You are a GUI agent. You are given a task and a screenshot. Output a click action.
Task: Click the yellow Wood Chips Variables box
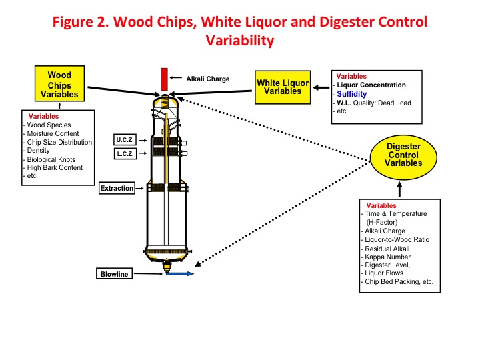tap(59, 84)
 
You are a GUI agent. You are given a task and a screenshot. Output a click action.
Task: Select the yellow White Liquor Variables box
tap(283, 87)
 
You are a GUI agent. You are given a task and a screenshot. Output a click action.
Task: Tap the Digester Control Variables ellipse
tap(403, 155)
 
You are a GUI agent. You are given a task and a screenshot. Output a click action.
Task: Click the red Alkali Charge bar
tap(163, 79)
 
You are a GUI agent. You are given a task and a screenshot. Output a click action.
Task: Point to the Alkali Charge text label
tap(207, 79)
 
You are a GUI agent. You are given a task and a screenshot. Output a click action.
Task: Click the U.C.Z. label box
tap(125, 140)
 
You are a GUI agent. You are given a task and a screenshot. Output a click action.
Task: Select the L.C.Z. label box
tap(125, 155)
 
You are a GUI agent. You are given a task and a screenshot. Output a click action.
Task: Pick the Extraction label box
tap(117, 189)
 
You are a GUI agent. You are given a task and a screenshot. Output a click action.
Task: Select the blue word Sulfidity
tap(351, 94)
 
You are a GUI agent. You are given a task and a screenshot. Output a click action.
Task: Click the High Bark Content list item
tap(55, 168)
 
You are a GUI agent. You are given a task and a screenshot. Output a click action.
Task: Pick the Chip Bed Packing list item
tap(399, 281)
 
